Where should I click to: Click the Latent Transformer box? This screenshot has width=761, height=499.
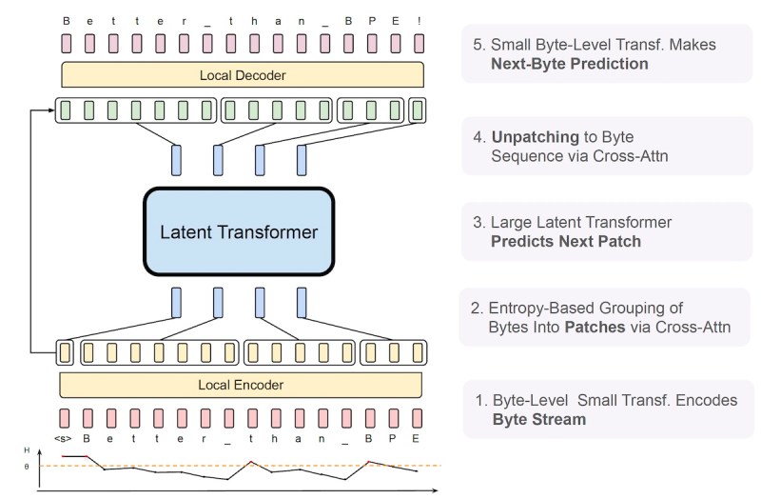coord(239,231)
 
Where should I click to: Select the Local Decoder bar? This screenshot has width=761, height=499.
coord(242,74)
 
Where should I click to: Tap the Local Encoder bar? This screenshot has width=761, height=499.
coord(242,385)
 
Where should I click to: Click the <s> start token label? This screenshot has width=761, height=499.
coord(63,438)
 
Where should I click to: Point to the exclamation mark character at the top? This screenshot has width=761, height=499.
coord(417,18)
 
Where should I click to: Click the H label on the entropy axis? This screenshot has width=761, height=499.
coord(40,449)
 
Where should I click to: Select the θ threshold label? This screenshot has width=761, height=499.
coord(40,466)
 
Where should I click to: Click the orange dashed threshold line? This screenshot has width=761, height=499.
coord(285,466)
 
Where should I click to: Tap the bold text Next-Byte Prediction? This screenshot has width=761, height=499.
coord(570,65)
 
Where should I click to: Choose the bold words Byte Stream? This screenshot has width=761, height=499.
coord(539,419)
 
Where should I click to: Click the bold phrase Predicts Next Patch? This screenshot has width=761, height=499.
coord(565,241)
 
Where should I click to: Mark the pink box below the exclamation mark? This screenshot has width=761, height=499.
coord(417,43)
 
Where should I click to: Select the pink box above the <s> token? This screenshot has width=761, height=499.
coord(64,416)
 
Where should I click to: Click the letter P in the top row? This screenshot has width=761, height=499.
coord(370,18)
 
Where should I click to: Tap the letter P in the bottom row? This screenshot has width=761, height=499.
coord(393,438)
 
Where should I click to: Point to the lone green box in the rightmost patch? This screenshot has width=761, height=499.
coord(417,110)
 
